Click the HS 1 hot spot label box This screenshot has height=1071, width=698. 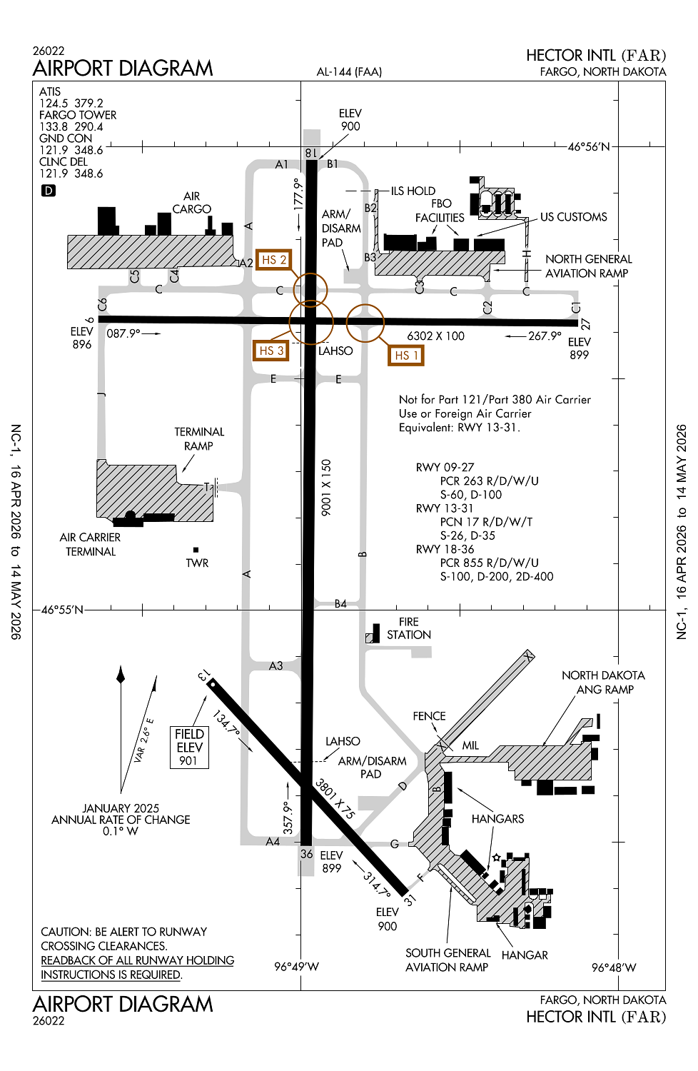click(406, 355)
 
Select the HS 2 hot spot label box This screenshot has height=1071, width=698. click(273, 260)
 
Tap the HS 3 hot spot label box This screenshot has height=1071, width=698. click(271, 351)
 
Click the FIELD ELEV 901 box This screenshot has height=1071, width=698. click(189, 747)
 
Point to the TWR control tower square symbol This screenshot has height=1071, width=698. click(196, 550)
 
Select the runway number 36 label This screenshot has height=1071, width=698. click(306, 853)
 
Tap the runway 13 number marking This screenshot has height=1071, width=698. click(203, 675)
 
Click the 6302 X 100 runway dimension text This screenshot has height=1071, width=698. click(435, 336)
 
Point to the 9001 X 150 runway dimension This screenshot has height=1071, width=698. click(326, 487)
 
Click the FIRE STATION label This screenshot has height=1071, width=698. click(408, 628)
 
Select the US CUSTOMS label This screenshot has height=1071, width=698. click(573, 217)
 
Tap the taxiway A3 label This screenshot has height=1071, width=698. click(275, 665)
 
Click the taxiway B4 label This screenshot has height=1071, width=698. click(340, 604)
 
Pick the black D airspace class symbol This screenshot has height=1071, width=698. click(49, 191)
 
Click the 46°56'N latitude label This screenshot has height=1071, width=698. click(588, 147)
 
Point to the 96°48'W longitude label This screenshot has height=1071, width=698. click(613, 967)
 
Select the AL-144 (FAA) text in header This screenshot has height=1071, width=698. click(349, 71)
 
